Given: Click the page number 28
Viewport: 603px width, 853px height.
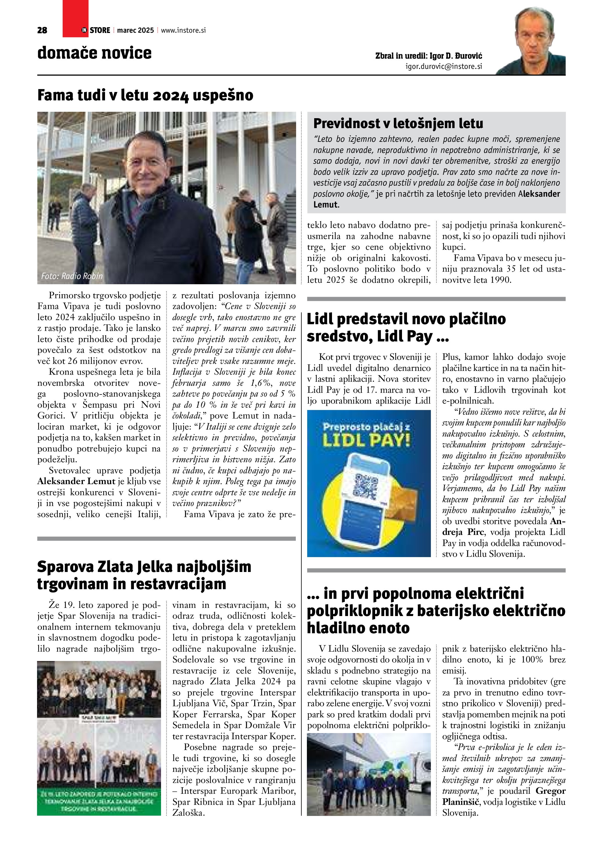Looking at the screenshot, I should (42, 30).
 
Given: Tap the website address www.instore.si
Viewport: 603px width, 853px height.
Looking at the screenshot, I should (183, 30).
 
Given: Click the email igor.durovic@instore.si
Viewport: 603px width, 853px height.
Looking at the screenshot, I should (444, 67).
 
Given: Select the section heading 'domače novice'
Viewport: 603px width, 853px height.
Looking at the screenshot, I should (94, 53).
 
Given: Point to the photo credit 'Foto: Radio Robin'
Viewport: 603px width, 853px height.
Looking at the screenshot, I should (72, 276).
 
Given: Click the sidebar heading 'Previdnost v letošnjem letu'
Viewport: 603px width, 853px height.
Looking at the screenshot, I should (398, 123).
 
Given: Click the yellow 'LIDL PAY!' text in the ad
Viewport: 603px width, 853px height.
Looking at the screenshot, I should (366, 440).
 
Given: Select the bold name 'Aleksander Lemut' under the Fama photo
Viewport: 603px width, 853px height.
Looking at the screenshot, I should (76, 482).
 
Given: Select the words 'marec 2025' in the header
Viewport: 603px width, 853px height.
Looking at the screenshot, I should (135, 30).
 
